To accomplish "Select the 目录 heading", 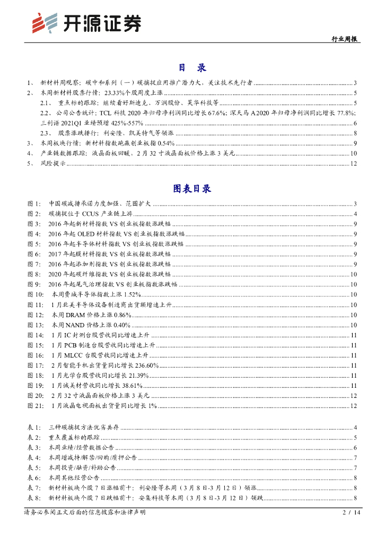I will coord(191,67).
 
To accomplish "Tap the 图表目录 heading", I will coord(191,189).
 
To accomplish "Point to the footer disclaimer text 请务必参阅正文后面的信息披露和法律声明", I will coord(85,512).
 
